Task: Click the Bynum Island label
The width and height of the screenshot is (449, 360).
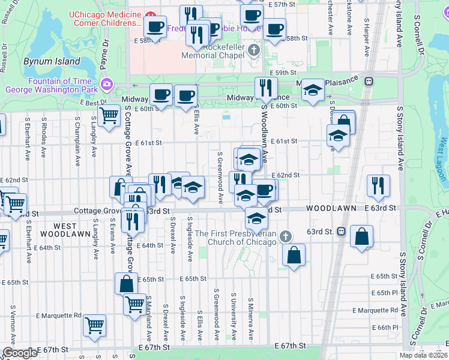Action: click(x=52, y=61)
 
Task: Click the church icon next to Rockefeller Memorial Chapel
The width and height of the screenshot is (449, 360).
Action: click(x=254, y=49)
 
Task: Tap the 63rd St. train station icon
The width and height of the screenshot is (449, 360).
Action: click(x=341, y=231)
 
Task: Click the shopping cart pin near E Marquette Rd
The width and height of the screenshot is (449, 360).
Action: click(x=95, y=325)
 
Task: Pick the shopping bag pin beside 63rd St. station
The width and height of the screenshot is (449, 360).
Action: click(x=362, y=238)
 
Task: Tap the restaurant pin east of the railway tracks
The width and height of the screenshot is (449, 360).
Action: click(x=378, y=185)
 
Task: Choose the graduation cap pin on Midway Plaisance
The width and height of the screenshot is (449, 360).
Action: click(x=312, y=91)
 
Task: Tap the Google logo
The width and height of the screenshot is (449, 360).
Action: click(x=20, y=353)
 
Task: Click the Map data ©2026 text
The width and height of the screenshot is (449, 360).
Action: click(x=424, y=355)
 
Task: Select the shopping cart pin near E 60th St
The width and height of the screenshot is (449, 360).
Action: click(x=109, y=115)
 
